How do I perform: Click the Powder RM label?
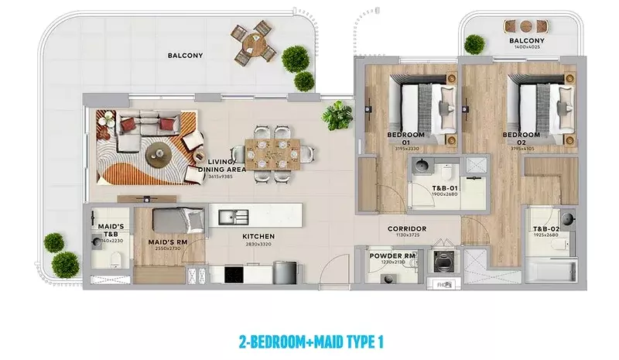(393, 256)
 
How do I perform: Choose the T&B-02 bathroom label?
(545, 229)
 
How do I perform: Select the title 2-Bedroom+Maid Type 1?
(309, 341)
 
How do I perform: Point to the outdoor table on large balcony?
(255, 44)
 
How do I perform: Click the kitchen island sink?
(234, 216)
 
